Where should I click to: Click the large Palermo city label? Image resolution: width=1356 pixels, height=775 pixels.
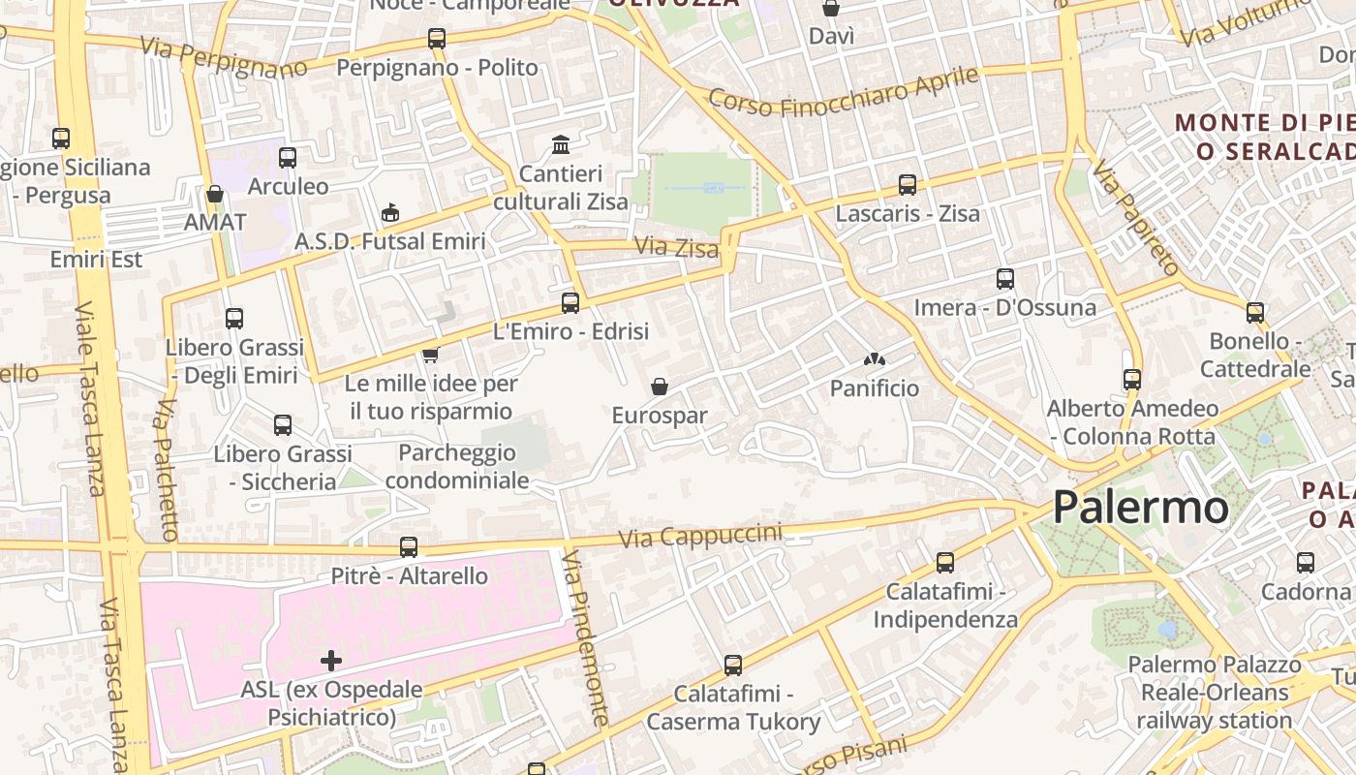click(x=1140, y=508)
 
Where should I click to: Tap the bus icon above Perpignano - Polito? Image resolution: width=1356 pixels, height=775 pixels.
click(x=437, y=39)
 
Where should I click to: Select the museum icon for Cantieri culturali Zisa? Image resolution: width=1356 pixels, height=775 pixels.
click(x=560, y=145)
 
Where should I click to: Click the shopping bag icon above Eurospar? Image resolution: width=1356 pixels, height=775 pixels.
click(x=660, y=387)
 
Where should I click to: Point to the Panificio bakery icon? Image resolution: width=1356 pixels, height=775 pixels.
click(x=874, y=359)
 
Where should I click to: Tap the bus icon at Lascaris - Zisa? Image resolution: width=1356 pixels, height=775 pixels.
click(x=908, y=184)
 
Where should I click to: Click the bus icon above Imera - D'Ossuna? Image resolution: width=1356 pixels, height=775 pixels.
click(x=1005, y=279)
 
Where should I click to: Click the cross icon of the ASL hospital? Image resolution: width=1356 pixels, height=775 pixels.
click(x=331, y=661)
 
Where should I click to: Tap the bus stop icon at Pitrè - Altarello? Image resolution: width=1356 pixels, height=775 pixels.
click(x=409, y=547)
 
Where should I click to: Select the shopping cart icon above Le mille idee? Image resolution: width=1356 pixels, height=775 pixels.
click(x=431, y=355)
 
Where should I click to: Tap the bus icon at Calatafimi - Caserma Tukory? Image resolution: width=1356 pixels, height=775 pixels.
click(x=733, y=666)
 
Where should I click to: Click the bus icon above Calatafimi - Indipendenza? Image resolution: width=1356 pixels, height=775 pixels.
click(x=945, y=563)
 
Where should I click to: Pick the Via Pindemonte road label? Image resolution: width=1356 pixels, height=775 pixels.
click(x=586, y=638)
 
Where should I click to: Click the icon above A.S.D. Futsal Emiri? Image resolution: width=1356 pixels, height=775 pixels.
click(x=390, y=212)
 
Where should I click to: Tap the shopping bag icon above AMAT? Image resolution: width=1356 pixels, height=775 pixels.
click(x=215, y=194)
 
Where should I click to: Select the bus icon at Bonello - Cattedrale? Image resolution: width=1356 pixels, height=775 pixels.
click(x=1255, y=313)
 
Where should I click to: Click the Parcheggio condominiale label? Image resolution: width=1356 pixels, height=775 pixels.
click(x=457, y=466)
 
